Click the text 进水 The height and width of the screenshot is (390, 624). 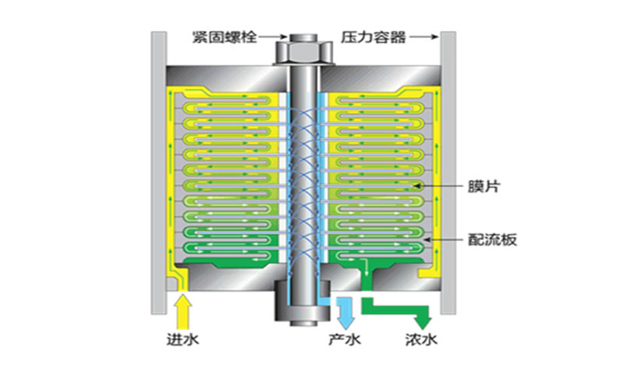point(181,340)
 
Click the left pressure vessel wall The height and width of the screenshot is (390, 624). point(158,172)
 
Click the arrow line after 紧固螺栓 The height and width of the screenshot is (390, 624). point(269,36)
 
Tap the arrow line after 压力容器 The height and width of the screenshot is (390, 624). point(421,36)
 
